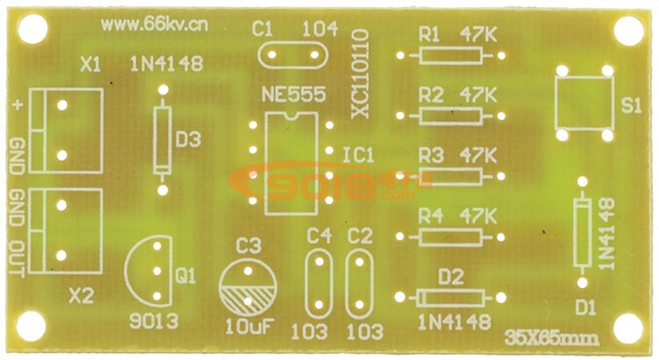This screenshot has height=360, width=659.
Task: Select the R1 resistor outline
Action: [451, 55]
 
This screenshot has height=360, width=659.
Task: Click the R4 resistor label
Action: [431, 215]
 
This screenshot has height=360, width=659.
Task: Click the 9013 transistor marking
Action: [153, 320]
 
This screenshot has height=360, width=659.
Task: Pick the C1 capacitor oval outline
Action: [293, 55]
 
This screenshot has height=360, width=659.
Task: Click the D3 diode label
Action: [188, 139]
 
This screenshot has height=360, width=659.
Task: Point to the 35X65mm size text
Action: [552, 337]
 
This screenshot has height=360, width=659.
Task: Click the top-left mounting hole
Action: [30, 31]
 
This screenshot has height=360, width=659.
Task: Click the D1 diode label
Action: [585, 306]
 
